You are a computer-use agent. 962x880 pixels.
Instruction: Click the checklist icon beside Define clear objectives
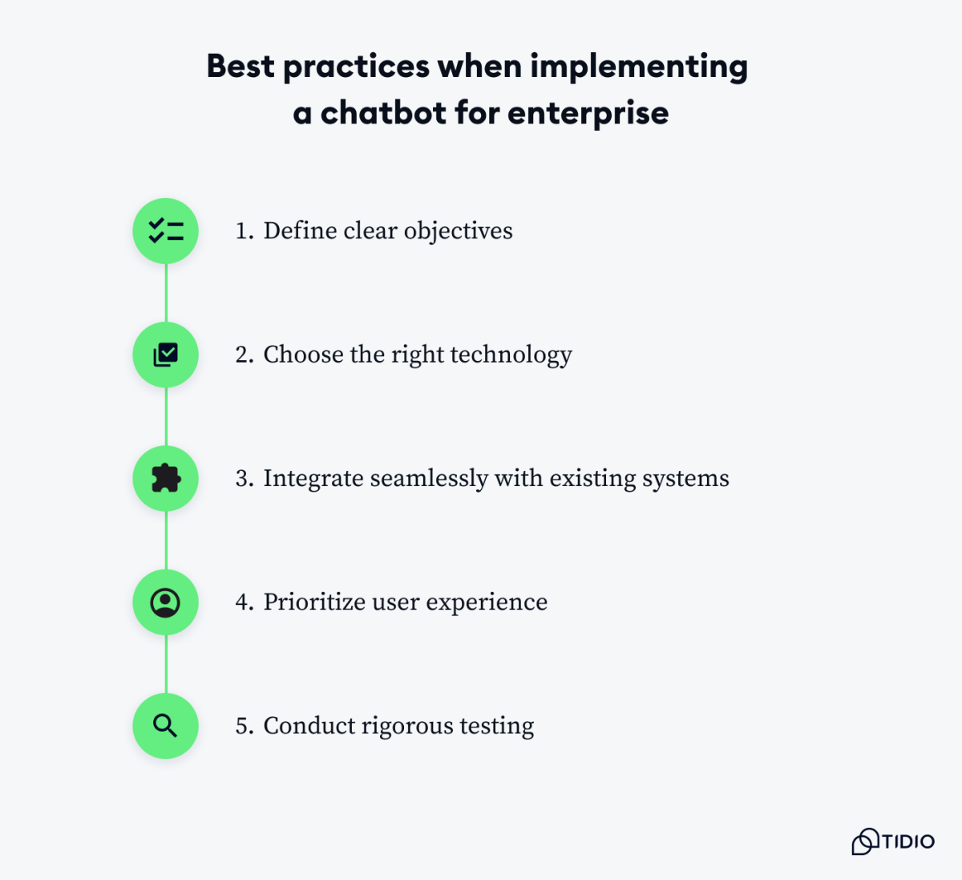[166, 231]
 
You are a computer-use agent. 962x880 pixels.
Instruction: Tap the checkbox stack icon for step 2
[166, 355]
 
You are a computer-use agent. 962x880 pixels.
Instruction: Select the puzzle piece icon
[166, 479]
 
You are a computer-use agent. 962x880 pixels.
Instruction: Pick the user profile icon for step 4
[166, 602]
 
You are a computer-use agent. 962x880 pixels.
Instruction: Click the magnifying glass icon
[166, 726]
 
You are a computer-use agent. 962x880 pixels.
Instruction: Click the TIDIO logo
[893, 841]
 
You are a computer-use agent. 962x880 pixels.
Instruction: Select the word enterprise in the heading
[588, 114]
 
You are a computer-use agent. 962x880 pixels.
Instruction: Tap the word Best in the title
[240, 66]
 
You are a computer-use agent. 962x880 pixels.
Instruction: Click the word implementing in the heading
[639, 67]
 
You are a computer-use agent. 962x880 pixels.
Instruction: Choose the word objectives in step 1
[458, 232]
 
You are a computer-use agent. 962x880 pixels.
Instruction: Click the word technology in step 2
[511, 355]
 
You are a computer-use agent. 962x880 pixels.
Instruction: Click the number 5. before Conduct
[245, 726]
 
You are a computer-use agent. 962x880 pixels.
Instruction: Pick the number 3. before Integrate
[245, 479]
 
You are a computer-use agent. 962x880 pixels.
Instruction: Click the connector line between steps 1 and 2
[166, 293]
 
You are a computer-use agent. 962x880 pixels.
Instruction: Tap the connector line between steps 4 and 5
[166, 664]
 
